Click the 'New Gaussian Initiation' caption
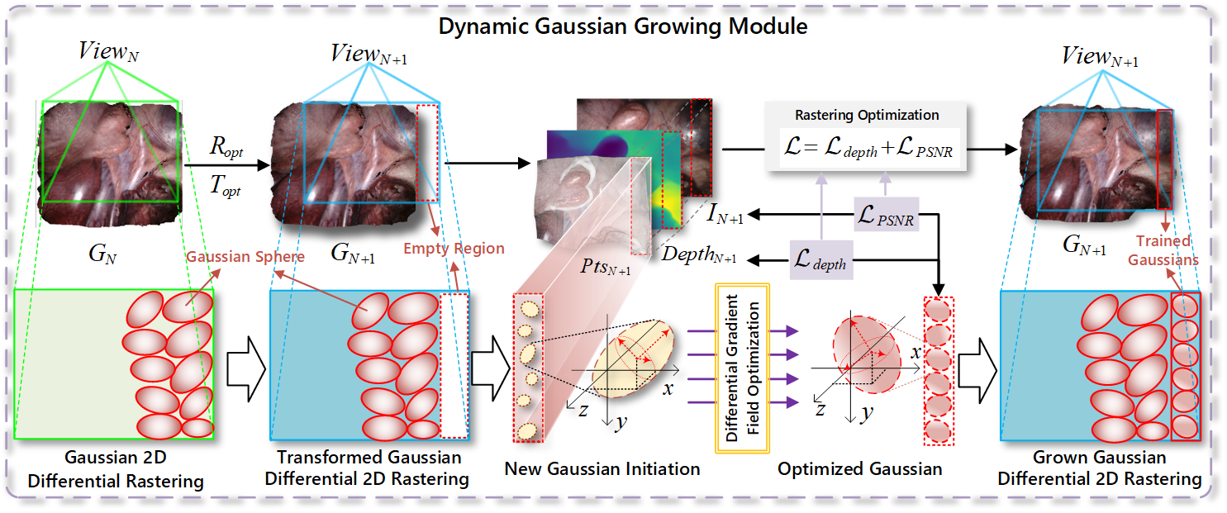[x=602, y=469]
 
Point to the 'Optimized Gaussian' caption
[x=859, y=469]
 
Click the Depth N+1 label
[x=698, y=253]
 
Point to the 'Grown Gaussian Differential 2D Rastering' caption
[x=1100, y=468]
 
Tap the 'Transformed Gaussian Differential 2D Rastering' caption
[x=369, y=468]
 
